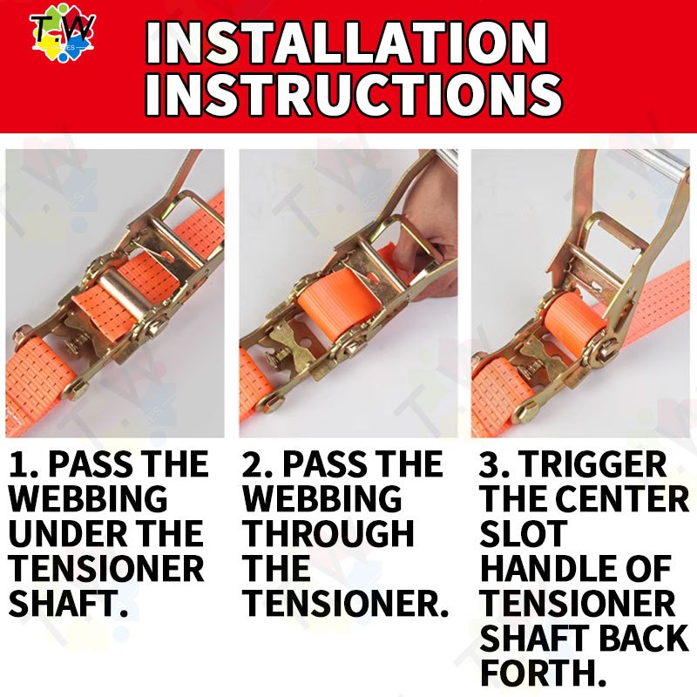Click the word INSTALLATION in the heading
(347, 43)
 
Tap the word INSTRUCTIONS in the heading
(354, 94)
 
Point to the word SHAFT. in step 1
(69, 603)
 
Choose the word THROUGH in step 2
(329, 533)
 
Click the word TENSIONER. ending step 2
(346, 603)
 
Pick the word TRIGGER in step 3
(593, 464)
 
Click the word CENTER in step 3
(622, 498)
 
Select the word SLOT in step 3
(524, 533)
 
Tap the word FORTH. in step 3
(543, 673)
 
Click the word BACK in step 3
(644, 638)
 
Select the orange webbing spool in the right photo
(574, 321)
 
